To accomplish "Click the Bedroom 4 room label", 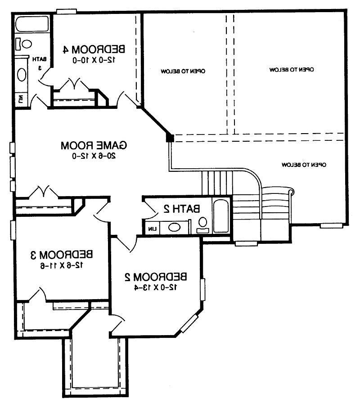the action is pos(94,49).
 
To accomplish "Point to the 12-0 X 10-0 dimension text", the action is pos(94,60).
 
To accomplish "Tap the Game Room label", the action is pos(94,145).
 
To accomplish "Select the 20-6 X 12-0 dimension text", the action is pos(94,156).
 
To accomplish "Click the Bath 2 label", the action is pos(182,209).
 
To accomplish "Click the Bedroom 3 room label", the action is pos(62,255).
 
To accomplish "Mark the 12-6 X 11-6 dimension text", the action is pos(62,265).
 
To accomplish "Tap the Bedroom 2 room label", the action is pos(156,277).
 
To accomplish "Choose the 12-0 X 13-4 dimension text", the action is pos(156,287).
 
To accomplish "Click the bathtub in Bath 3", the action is pos(32,24).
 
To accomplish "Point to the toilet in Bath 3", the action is pos(24,44).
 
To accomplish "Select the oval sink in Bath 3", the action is pos(22,75).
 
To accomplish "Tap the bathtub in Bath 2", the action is pos(221,216).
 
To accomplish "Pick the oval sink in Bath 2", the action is pos(175,228).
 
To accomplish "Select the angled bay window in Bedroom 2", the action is pos(189,323).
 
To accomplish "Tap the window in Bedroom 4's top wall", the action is pos(67,11).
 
